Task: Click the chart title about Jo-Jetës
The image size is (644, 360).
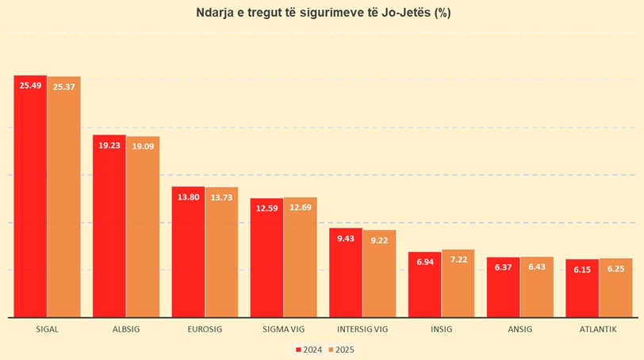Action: coord(323,13)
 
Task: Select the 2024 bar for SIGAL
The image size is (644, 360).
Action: coord(30,198)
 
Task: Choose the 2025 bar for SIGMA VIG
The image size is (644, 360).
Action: coord(300,258)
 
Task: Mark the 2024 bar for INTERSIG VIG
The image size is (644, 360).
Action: coord(346,274)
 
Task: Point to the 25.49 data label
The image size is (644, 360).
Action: coord(30,85)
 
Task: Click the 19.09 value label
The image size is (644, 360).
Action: coord(143,146)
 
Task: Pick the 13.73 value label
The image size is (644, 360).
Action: coord(221,197)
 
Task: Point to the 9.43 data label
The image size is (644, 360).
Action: coord(346,238)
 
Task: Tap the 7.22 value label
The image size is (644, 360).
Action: coord(458,260)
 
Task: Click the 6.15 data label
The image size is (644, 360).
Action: coord(581,269)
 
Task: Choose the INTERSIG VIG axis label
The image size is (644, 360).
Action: coord(362,329)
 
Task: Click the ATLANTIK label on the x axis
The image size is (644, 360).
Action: coord(598,329)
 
